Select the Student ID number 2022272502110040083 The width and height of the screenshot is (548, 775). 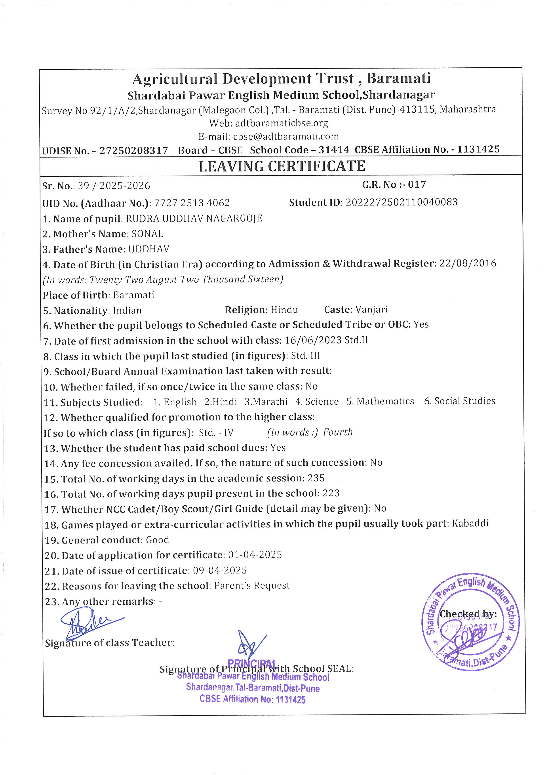click(x=401, y=202)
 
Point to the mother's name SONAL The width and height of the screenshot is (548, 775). click(x=147, y=234)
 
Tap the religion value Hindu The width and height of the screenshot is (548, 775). click(x=284, y=310)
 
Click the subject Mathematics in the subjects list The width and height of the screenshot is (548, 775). click(x=385, y=401)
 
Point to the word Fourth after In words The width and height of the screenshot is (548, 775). click(x=338, y=432)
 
